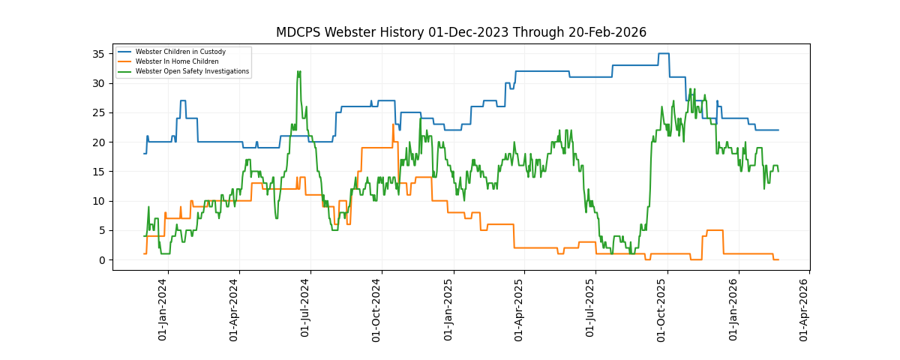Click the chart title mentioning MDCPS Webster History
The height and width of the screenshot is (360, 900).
pos(460,32)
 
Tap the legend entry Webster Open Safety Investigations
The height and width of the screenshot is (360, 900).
pos(192,71)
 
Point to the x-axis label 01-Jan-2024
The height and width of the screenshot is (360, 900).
pos(163,309)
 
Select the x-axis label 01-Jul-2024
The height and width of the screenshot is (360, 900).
pos(305,309)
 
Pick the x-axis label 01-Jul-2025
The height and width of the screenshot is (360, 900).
pos(591,309)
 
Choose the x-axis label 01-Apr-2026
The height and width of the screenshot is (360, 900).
pos(805,309)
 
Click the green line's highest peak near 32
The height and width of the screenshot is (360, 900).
pos(298,72)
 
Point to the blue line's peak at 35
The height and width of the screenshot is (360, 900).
pos(664,54)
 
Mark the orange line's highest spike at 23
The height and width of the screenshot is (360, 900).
pos(393,124)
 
